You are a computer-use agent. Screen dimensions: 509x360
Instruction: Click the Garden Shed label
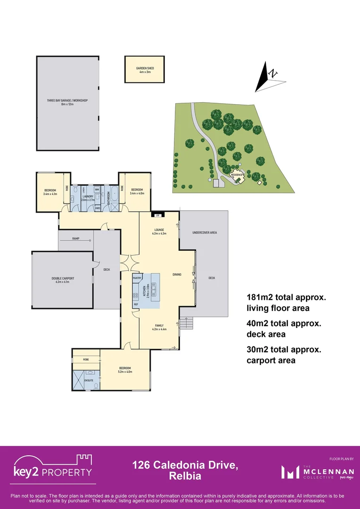coord(145,68)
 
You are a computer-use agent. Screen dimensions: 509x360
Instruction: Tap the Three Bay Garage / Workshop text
coord(68,101)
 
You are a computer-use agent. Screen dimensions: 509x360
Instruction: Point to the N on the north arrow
coord(273,74)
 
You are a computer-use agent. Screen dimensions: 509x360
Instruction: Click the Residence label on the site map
coord(237,175)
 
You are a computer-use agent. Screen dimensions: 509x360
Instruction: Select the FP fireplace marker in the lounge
coord(158,215)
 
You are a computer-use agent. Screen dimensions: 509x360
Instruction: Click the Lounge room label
coord(158,230)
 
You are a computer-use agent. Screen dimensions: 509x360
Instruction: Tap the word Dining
coord(177,274)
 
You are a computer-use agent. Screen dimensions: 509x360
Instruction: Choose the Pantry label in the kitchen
coord(138,278)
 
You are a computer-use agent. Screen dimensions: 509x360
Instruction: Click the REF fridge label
coord(136,304)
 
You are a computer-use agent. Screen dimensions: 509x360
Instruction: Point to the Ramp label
coord(75,239)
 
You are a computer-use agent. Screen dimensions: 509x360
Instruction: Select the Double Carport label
coord(63,279)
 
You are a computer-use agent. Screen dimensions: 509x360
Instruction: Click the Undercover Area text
coord(205,232)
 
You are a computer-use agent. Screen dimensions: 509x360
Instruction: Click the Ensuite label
coord(88,379)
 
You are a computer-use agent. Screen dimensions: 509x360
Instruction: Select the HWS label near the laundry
coord(98,207)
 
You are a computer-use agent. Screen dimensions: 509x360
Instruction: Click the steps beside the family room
coord(187,323)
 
